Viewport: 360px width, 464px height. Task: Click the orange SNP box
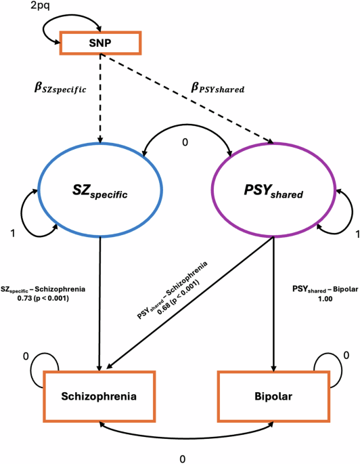(x=101, y=44)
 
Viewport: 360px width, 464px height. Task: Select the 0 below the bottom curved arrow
(x=182, y=459)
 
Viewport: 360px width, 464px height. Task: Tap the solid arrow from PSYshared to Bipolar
(x=273, y=305)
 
